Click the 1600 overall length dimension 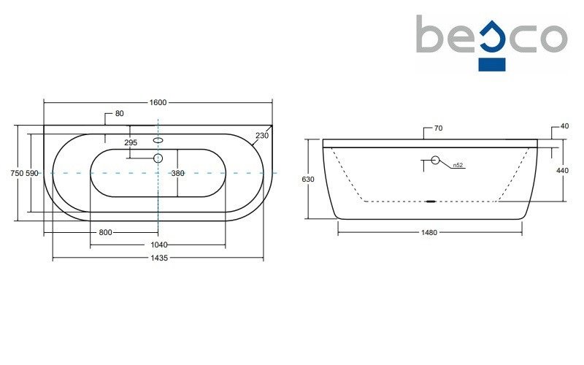click(158, 102)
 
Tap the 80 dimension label click(119, 113)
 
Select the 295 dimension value click(131, 142)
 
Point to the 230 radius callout click(262, 135)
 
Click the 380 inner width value click(177, 173)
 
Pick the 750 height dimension click(17, 173)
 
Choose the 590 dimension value click(32, 173)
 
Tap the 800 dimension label click(105, 232)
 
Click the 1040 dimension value click(159, 245)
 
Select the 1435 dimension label click(159, 258)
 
